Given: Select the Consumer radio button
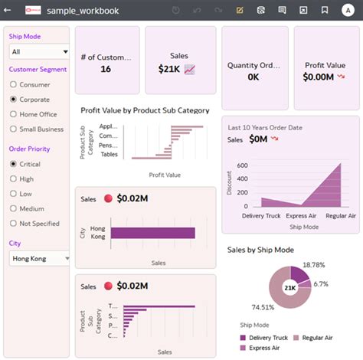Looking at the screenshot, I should (x=14, y=85).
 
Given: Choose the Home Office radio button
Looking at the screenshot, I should (x=14, y=114).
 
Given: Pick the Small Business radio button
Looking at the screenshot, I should (x=14, y=129).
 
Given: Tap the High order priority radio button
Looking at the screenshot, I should (x=14, y=178).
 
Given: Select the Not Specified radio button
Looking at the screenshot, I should (x=14, y=223).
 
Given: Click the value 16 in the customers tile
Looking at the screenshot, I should (x=106, y=69).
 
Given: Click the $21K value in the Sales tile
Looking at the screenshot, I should (x=168, y=70).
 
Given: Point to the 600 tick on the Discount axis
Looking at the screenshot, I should (x=242, y=165).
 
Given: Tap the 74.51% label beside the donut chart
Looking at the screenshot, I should (x=241, y=307).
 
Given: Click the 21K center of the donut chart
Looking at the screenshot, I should (x=290, y=288).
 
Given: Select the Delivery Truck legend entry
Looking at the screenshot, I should (x=265, y=337).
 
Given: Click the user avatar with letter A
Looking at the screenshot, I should (x=348, y=11).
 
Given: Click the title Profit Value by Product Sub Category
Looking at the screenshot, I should (x=145, y=110).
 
